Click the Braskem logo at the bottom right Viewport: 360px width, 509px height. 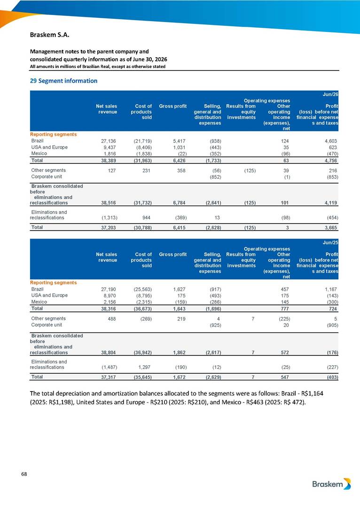[x=331, y=484]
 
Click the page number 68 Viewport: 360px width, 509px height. [x=24, y=474]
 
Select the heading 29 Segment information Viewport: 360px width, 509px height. [x=64, y=81]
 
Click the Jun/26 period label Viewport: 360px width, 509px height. [x=330, y=94]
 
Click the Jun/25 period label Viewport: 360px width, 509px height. [x=330, y=242]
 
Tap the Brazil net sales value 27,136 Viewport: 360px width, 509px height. [x=109, y=141]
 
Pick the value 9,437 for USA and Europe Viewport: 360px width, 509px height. [x=110, y=147]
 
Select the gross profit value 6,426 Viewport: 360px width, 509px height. [x=179, y=161]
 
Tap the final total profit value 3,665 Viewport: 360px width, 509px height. [x=331, y=228]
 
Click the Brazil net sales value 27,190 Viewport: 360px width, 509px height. [x=109, y=289]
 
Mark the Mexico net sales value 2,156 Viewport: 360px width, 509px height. [x=110, y=302]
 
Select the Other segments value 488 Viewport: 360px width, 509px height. [x=112, y=319]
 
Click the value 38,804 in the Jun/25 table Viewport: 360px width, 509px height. [x=109, y=353]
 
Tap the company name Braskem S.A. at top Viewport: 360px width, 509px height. [x=50, y=35]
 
